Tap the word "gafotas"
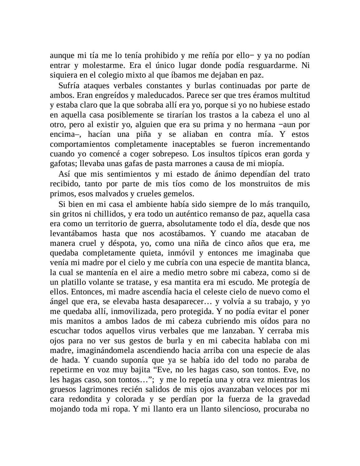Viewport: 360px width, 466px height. [x=61, y=164]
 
